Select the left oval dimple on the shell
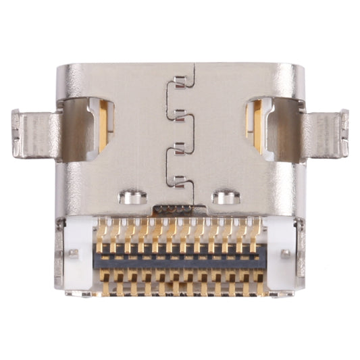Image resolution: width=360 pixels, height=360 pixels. click(x=133, y=198)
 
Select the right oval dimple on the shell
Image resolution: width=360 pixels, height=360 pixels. click(x=226, y=198)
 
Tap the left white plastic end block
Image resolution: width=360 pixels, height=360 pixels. click(x=79, y=253)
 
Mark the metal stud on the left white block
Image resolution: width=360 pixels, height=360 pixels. click(x=72, y=255)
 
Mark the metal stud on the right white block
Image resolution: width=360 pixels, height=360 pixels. click(x=286, y=254)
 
